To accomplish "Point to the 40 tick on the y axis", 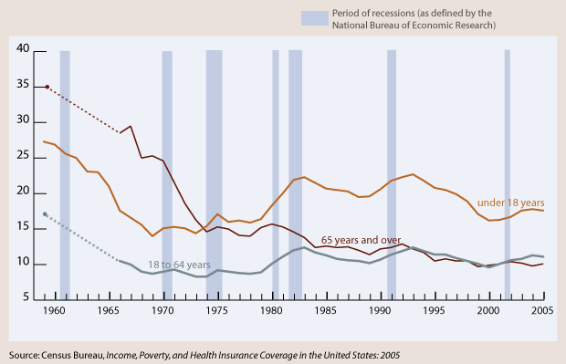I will pyautogui.click(x=24, y=49).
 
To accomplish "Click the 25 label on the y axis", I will pyautogui.click(x=24, y=157).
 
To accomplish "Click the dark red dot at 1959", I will pyautogui.click(x=47, y=87).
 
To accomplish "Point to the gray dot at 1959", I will pyautogui.click(x=47, y=214).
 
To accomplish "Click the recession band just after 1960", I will pyautogui.click(x=65, y=173).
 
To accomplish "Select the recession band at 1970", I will pyautogui.click(x=167, y=173).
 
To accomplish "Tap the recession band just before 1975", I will pyautogui.click(x=214, y=173).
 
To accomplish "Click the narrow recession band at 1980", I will pyautogui.click(x=276, y=173).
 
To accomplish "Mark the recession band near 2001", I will pyautogui.click(x=508, y=173).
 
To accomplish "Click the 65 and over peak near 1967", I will pyautogui.click(x=131, y=126).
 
